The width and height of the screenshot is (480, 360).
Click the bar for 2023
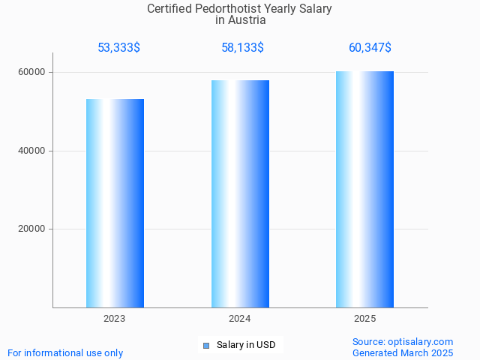click(115, 202)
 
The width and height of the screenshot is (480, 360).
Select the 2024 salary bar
click(240, 193)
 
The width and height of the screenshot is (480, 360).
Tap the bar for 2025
click(364, 189)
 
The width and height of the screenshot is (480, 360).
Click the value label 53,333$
click(118, 48)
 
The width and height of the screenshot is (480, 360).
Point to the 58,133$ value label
click(242, 48)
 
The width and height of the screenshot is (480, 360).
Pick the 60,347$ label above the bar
click(370, 48)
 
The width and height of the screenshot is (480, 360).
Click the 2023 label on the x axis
click(115, 319)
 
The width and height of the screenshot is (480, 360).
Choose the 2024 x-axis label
click(240, 319)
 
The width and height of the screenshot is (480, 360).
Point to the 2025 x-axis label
click(364, 319)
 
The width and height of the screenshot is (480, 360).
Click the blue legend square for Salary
click(206, 346)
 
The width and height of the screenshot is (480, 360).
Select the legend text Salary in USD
click(246, 346)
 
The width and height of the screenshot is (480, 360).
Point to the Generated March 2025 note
click(403, 352)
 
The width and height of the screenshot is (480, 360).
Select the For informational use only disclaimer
click(65, 352)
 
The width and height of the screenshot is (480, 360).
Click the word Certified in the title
click(169, 9)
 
